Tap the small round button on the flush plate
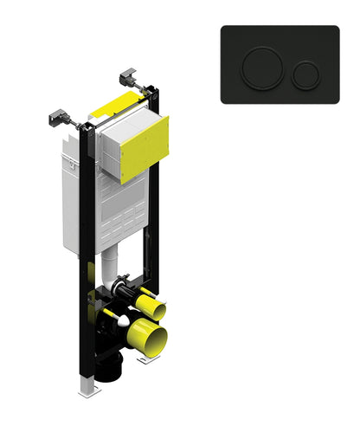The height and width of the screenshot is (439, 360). tap(305, 75)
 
